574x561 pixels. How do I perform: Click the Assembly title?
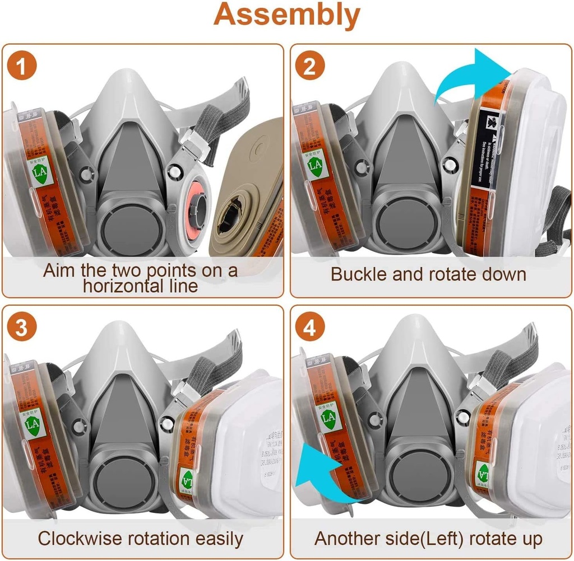coord(286,16)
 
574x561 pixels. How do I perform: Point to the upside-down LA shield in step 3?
coord(187,479)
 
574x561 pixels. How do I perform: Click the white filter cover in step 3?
coord(247,442)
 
